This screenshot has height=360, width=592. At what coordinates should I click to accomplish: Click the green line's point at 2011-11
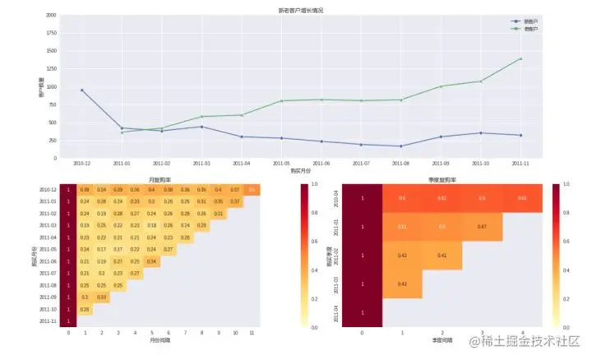coord(520,58)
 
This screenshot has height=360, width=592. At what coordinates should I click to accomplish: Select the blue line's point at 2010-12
coord(82,90)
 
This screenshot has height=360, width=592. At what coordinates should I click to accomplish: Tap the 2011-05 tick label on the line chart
coord(281,164)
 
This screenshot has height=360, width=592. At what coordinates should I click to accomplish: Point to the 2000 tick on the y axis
coord(51,16)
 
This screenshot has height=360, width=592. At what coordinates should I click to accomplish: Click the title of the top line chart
coord(300,9)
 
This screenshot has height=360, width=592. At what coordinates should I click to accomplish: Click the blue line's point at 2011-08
coord(400,146)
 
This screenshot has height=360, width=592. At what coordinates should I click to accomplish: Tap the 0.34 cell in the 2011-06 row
coord(151,261)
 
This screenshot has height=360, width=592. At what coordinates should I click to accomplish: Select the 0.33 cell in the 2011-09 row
coord(102,297)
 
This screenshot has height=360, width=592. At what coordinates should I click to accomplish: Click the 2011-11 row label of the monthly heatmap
coord(48,321)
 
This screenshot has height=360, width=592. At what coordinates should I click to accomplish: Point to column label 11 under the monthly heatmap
coord(252,333)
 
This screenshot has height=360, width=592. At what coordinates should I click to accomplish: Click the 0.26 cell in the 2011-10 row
coord(86,309)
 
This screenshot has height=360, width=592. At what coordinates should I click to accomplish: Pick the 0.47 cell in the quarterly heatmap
coord(482,226)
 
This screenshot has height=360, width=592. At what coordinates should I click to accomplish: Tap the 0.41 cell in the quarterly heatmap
coord(442,255)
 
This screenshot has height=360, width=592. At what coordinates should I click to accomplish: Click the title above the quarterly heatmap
coord(443,179)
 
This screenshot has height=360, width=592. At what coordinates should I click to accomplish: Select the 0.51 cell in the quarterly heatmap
coord(402,226)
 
